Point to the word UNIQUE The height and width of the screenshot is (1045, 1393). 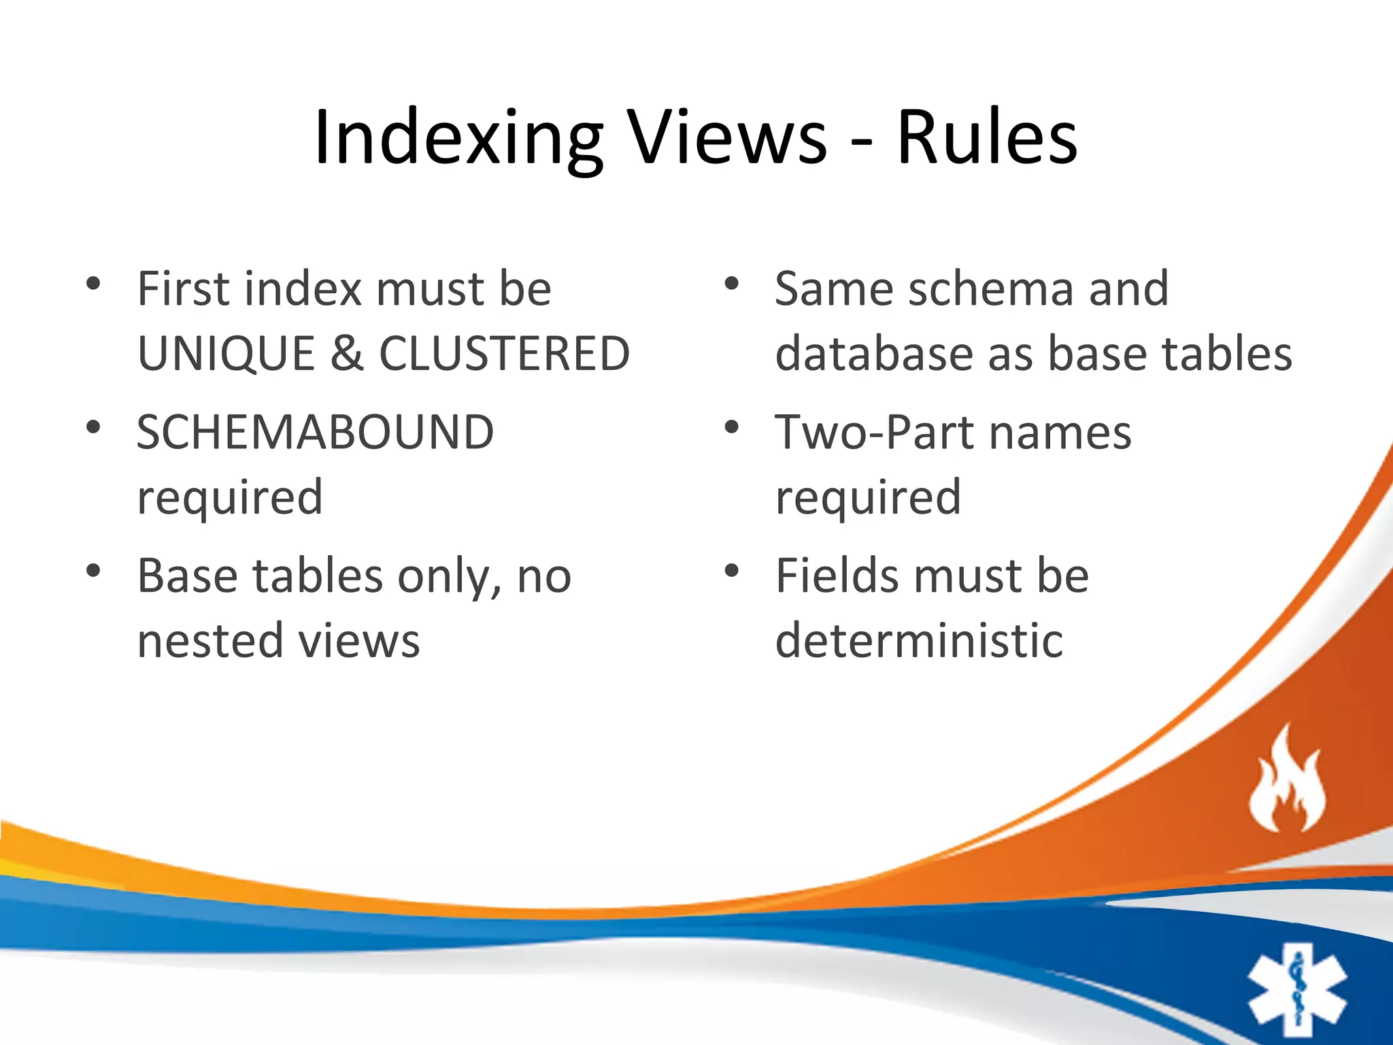coord(226,354)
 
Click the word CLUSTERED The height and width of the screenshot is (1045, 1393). coord(504,354)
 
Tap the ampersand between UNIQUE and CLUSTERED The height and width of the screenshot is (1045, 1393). coord(347,354)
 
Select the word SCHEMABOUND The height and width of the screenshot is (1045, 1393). coord(315,433)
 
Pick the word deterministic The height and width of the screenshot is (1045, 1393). coord(919,642)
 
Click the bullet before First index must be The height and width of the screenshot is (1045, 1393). coord(94,284)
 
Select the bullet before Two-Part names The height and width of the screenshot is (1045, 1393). coord(732,428)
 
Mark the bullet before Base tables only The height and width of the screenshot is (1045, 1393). coord(94,571)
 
